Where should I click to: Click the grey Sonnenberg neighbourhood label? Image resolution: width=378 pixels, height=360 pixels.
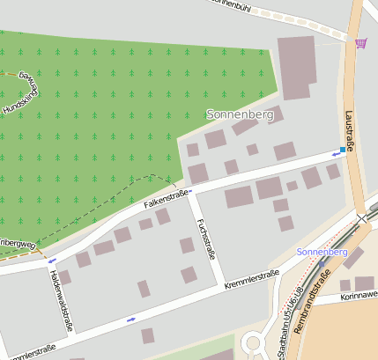[239, 114]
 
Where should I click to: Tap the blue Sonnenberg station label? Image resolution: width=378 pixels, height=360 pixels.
[323, 252]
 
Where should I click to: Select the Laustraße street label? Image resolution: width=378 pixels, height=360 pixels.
[349, 131]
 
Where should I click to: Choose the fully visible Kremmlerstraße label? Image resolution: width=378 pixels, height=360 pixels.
[252, 280]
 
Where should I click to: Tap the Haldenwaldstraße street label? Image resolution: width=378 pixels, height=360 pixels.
[59, 300]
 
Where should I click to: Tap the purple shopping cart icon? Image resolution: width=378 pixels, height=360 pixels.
[360, 42]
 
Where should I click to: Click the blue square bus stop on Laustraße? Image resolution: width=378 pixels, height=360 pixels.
[343, 151]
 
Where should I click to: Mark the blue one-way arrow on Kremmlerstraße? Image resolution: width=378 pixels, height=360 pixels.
[131, 319]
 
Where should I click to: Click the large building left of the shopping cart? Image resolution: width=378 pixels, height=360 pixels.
[297, 61]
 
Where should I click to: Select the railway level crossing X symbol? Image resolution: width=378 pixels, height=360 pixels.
[362, 217]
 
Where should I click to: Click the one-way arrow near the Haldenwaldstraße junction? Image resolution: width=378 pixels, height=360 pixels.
[51, 261]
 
